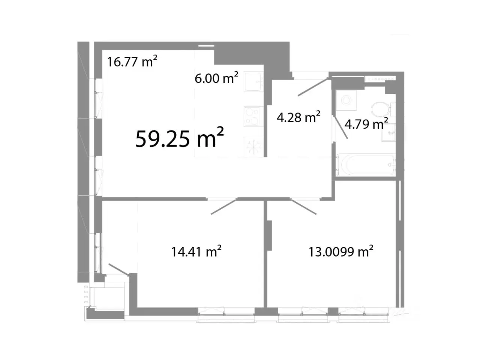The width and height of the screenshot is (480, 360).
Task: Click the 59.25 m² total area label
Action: (180, 138)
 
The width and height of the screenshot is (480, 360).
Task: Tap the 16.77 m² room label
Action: (132, 61)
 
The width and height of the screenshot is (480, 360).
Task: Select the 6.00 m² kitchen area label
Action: (216, 78)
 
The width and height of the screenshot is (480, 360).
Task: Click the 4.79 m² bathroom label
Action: (366, 124)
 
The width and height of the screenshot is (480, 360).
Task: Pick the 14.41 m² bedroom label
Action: (196, 251)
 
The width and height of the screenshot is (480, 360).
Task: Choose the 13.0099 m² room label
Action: (341, 251)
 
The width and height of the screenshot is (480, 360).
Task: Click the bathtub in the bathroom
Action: (366, 164)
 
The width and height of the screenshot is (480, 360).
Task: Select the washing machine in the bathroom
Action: (346, 100)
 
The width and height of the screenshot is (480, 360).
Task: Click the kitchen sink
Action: (253, 82)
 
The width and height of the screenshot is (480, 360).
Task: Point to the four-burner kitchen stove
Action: (253, 116)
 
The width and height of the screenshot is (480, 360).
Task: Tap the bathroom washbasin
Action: (388, 132)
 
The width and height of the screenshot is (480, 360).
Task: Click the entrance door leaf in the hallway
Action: (313, 87)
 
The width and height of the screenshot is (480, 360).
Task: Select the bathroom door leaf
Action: (340, 127)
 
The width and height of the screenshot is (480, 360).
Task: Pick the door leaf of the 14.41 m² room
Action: (224, 207)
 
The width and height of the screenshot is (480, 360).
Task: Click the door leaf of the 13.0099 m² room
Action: (303, 207)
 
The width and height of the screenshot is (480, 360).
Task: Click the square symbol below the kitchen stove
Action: (253, 147)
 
